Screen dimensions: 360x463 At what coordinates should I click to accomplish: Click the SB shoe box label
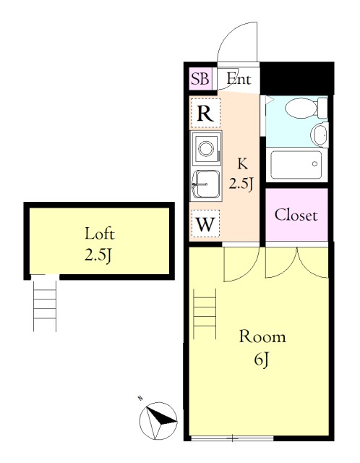pos(200,79)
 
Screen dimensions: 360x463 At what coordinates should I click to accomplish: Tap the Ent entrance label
pos(239,79)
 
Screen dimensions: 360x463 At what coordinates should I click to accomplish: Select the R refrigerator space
pos(205,113)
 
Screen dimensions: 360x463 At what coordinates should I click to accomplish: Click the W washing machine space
pos(205,224)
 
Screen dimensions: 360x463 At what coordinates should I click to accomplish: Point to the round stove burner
pos(206,148)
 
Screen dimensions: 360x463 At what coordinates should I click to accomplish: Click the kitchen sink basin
pos(206,185)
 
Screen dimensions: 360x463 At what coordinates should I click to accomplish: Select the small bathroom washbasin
pos(320,135)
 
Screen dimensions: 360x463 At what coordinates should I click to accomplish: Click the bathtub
pos(296,165)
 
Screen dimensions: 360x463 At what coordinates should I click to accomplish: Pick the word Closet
pos(296,215)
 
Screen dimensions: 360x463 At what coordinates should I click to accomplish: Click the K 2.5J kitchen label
pos(242,174)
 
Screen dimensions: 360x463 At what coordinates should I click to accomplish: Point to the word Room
pos(262,337)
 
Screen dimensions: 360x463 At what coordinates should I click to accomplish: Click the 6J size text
pos(262,360)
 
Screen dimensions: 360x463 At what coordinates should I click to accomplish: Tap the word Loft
pos(100,234)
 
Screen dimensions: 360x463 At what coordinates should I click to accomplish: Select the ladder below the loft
pos(45,306)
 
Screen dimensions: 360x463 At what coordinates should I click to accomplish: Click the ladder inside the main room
pos(205,313)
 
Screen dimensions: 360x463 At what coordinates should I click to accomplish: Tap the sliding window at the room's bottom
pos(232,438)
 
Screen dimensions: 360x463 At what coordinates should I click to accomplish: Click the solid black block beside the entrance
pos(297,79)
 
